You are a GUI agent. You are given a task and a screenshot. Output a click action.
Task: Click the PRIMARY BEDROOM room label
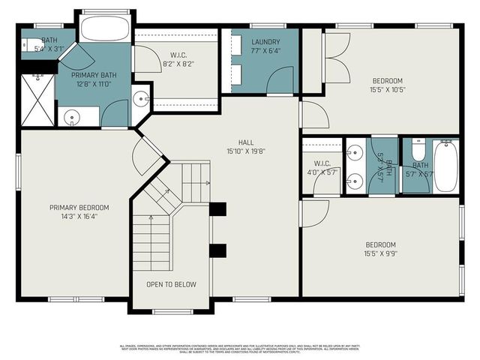click(x=79, y=208)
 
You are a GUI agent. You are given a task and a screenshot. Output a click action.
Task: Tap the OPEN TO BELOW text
click(x=171, y=284)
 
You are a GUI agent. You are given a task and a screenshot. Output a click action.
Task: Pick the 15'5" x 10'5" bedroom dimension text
click(x=387, y=90)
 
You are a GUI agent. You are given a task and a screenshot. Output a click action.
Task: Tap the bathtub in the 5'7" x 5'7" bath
click(x=445, y=166)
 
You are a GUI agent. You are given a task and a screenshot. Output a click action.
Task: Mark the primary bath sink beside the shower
click(x=72, y=117)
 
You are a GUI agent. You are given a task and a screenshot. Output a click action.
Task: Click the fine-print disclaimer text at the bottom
click(x=240, y=348)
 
